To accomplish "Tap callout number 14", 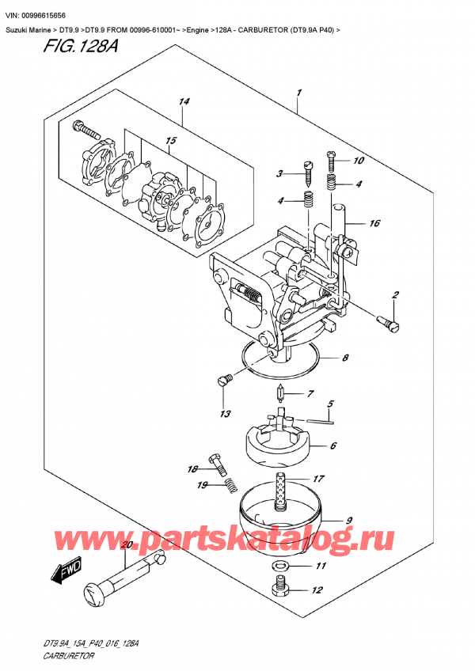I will click(184, 101).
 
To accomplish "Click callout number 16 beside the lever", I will click(374, 224).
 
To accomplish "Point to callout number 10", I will click(358, 161).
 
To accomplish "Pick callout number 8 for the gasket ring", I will click(345, 358).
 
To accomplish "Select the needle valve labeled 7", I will click(281, 392).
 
